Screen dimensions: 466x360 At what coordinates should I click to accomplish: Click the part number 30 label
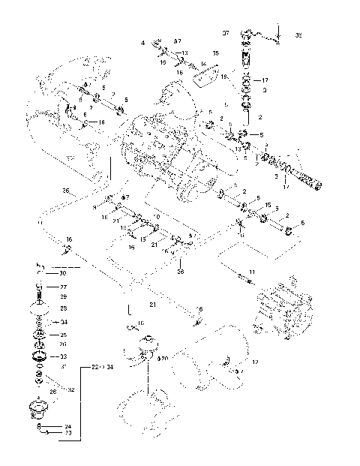pyautogui.click(x=64, y=273)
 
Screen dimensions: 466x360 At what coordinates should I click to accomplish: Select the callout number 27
pyautogui.click(x=64, y=287)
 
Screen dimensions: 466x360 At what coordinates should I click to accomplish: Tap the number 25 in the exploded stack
pyautogui.click(x=64, y=335)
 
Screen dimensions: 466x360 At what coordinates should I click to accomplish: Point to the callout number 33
pyautogui.click(x=64, y=356)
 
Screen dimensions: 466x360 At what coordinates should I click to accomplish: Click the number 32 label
pyautogui.click(x=71, y=389)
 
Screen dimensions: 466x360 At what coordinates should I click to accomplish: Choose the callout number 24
pyautogui.click(x=68, y=426)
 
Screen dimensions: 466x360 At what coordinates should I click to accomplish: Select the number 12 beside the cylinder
pyautogui.click(x=255, y=362)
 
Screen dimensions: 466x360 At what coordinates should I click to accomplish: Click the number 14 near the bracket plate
pyautogui.click(x=202, y=65)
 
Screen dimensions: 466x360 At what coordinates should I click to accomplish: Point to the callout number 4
pyautogui.click(x=142, y=44)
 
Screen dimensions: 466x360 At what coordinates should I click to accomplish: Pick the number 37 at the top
pyautogui.click(x=225, y=34)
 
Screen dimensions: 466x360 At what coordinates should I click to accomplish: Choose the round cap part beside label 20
pyautogui.click(x=145, y=347)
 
